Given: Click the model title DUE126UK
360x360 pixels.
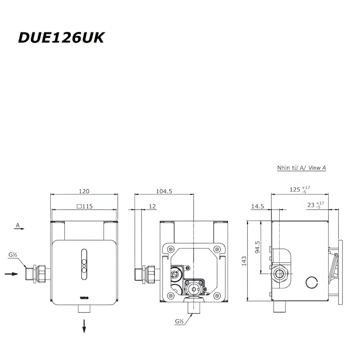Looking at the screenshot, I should point(61,38).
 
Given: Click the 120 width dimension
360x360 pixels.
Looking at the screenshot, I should point(84,191).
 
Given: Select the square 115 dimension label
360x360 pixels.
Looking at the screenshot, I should point(84,206).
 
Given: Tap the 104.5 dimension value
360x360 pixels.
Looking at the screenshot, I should point(164,191).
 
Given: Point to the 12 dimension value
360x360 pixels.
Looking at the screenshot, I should point(152,206).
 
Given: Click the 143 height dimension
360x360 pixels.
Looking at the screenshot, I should point(244,261).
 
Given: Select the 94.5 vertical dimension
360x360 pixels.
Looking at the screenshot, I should point(258,247).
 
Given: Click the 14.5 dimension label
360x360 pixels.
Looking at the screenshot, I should point(258,206).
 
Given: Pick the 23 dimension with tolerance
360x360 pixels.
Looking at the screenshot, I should point(314,205).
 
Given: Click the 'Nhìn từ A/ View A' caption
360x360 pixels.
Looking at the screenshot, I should point(302,168).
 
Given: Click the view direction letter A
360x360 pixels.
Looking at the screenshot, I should point(18,226).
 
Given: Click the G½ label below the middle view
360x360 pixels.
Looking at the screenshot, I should point(179,321).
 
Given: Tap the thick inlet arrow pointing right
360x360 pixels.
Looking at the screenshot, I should point(11,274).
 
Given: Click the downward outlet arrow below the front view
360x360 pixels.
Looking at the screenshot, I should point(84,326).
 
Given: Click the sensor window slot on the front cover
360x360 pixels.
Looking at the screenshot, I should point(84,262).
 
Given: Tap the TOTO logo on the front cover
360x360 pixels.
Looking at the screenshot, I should point(84,298).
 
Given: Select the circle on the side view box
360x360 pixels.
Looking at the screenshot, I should point(311,282).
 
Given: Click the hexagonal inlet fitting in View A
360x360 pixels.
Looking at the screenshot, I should point(280,274).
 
